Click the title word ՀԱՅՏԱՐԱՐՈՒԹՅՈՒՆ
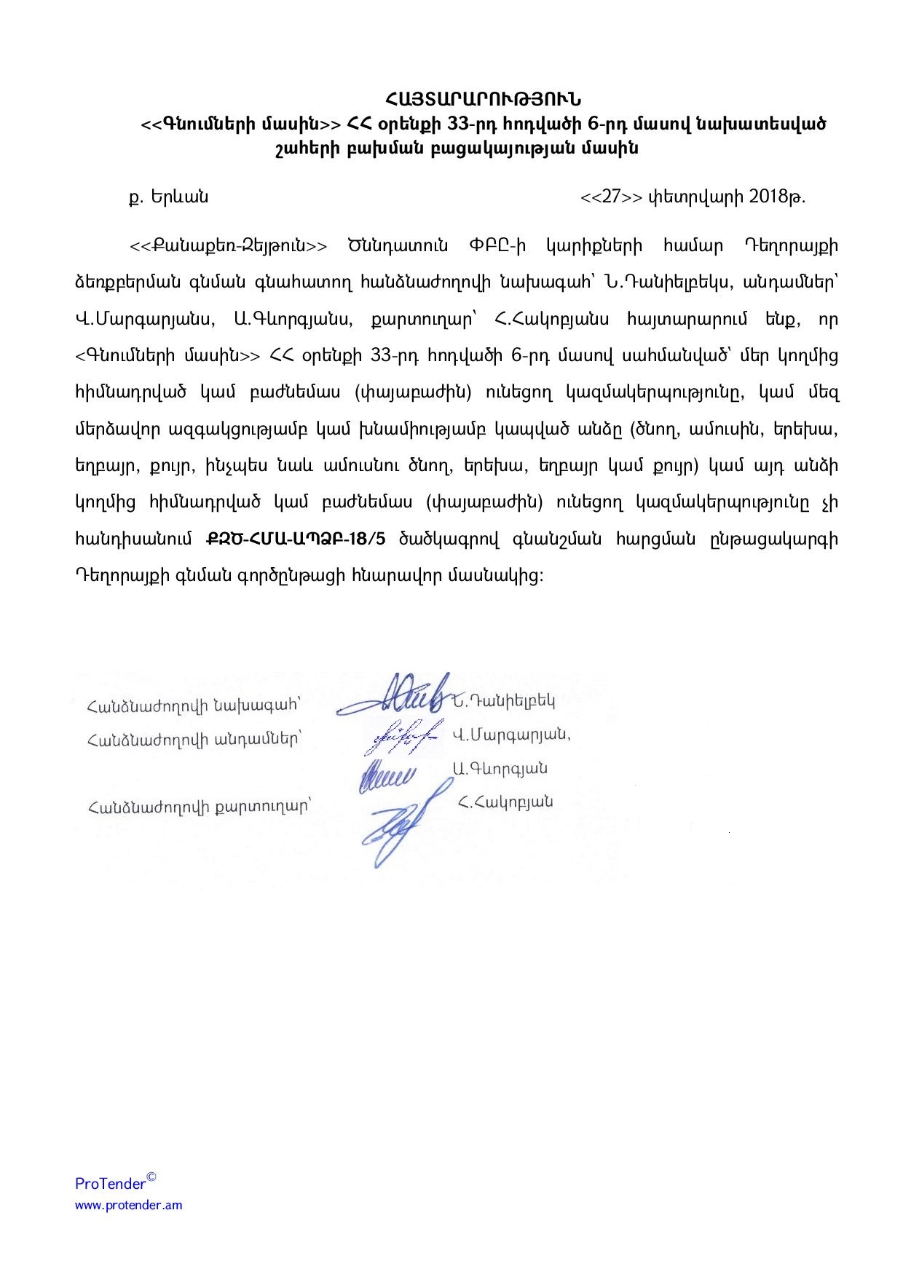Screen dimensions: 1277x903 coord(484,98)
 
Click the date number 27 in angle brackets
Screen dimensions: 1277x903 coord(611,197)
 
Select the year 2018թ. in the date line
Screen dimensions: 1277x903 coord(778,197)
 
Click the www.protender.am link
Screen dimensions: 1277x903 coord(129,1205)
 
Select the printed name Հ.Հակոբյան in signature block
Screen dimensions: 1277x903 coord(505,802)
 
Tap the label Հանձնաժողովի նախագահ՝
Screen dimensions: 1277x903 coord(194,705)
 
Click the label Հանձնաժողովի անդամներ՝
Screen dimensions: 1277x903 coord(194,740)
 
